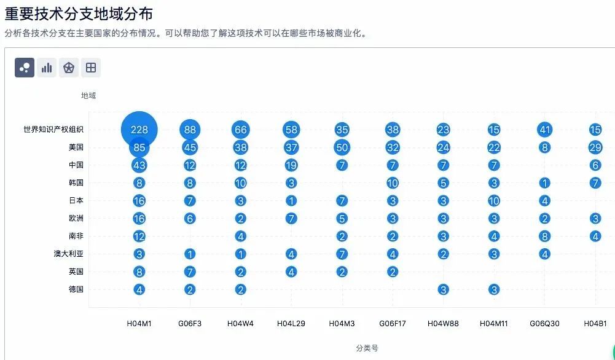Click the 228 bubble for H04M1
pyautogui.click(x=139, y=130)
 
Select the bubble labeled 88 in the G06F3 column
pyautogui.click(x=190, y=130)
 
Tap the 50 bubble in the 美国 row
pyautogui.click(x=342, y=147)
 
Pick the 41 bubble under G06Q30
pyautogui.click(x=544, y=130)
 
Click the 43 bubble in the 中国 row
pyautogui.click(x=139, y=165)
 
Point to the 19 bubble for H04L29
pyautogui.click(x=291, y=165)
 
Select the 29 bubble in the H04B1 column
pyautogui.click(x=595, y=147)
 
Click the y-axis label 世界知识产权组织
pyautogui.click(x=53, y=130)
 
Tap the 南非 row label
pyautogui.click(x=76, y=236)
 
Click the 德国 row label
pyautogui.click(x=76, y=289)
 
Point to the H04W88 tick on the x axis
pyautogui.click(x=443, y=323)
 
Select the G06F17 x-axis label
pyautogui.click(x=393, y=323)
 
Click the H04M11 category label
pyautogui.click(x=494, y=323)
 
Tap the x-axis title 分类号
pyautogui.click(x=367, y=348)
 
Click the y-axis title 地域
pyautogui.click(x=88, y=96)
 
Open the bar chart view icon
pyautogui.click(x=47, y=68)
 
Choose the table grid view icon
pyautogui.click(x=91, y=68)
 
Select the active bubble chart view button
pyautogui.click(x=25, y=68)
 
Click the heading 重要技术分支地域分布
pyautogui.click(x=79, y=14)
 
